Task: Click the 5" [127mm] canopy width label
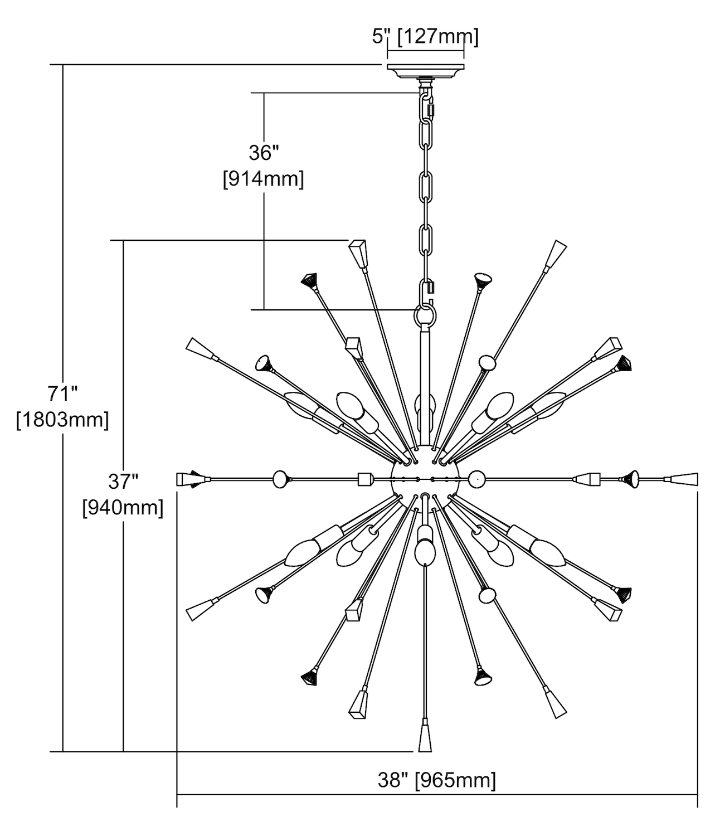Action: coord(425,37)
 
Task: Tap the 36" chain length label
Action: coord(263,153)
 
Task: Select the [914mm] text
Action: coord(263,179)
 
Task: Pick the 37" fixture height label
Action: coord(123,480)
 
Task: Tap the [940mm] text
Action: coord(123,507)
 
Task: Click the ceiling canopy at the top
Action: coord(425,71)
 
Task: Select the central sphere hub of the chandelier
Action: coord(425,479)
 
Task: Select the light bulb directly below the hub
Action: coord(425,549)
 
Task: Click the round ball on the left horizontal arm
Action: coord(280,479)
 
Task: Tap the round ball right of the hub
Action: coord(476,479)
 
